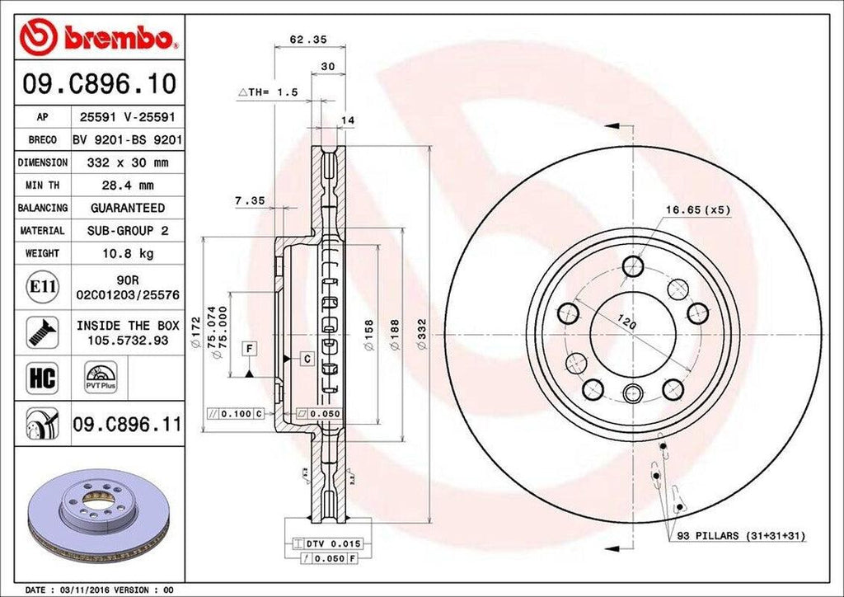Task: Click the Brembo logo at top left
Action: coord(100,37)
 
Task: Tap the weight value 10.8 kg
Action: coord(127,253)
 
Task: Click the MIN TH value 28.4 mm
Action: coord(127,186)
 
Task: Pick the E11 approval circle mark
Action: coord(42,287)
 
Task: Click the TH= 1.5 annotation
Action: coord(268,92)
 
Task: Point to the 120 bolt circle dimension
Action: coord(627,323)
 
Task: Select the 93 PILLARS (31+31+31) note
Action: coord(741,536)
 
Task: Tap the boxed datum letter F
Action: coord(247,347)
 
